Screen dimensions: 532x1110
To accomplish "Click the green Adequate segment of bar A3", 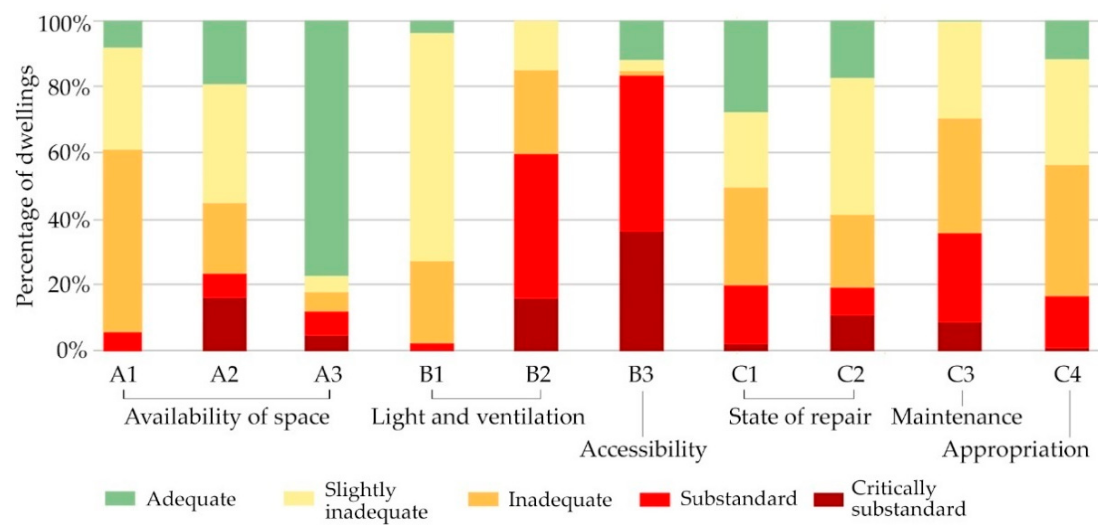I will [326, 146].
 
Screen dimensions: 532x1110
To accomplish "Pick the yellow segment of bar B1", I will [432, 146].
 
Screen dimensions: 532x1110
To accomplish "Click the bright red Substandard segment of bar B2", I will [536, 226].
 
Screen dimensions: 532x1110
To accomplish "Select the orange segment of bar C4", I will [1067, 230].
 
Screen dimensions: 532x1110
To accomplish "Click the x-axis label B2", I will [538, 374].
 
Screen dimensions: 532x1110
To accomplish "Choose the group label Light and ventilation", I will [478, 417].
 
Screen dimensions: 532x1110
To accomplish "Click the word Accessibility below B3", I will [643, 449].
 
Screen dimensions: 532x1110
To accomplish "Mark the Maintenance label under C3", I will [957, 417].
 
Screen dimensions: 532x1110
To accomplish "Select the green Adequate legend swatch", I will [120, 499].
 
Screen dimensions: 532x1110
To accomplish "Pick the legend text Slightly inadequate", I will [376, 500].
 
